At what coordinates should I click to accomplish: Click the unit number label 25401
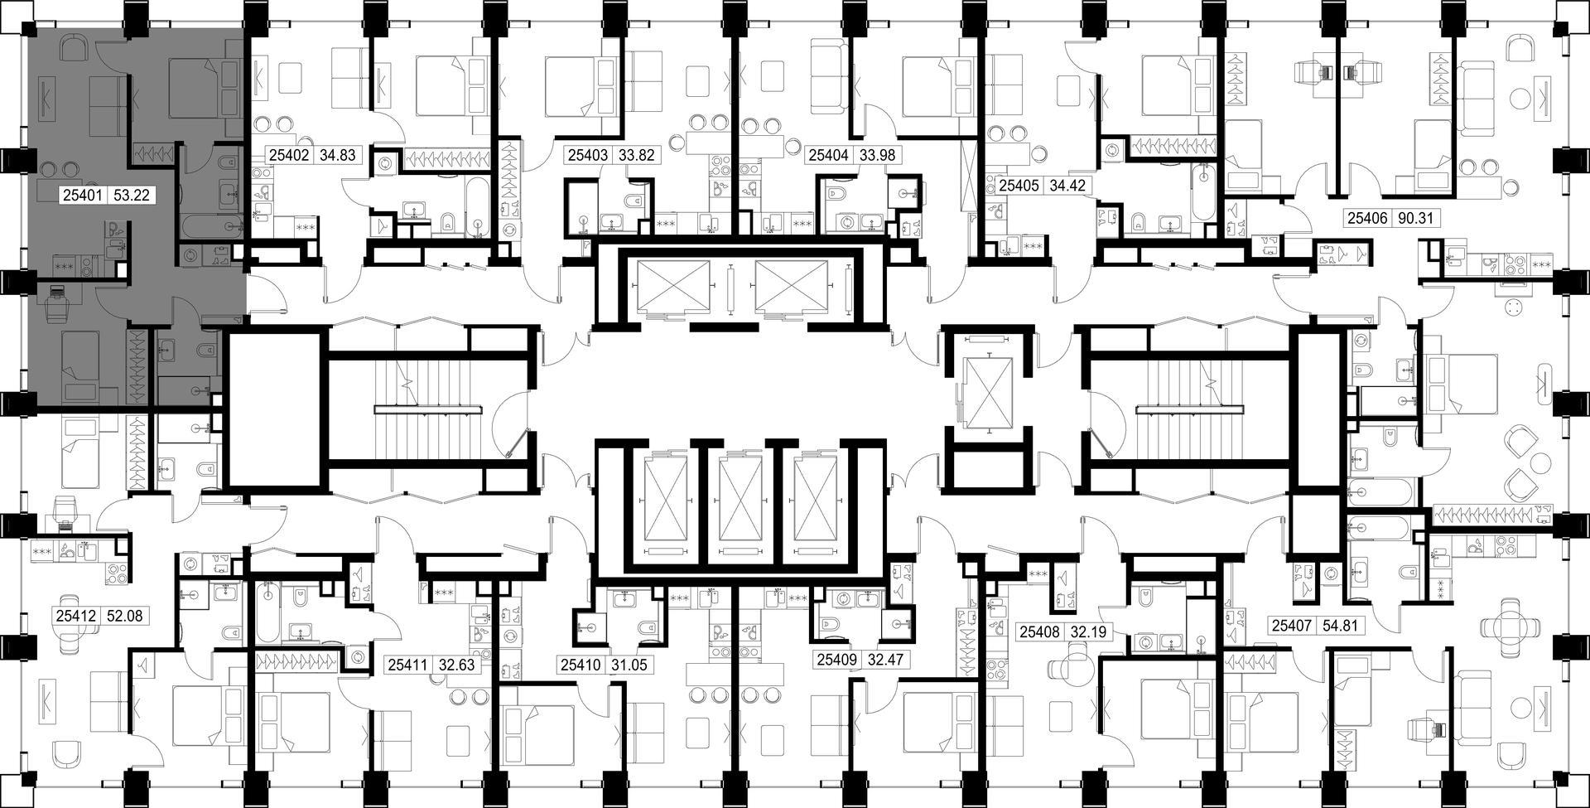click(83, 196)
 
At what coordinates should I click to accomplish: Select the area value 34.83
click(336, 155)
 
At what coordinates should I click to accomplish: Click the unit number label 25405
click(1019, 186)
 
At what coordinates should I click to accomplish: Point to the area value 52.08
click(128, 617)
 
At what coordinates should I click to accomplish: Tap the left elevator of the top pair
click(670, 287)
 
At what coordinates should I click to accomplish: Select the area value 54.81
click(1340, 626)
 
